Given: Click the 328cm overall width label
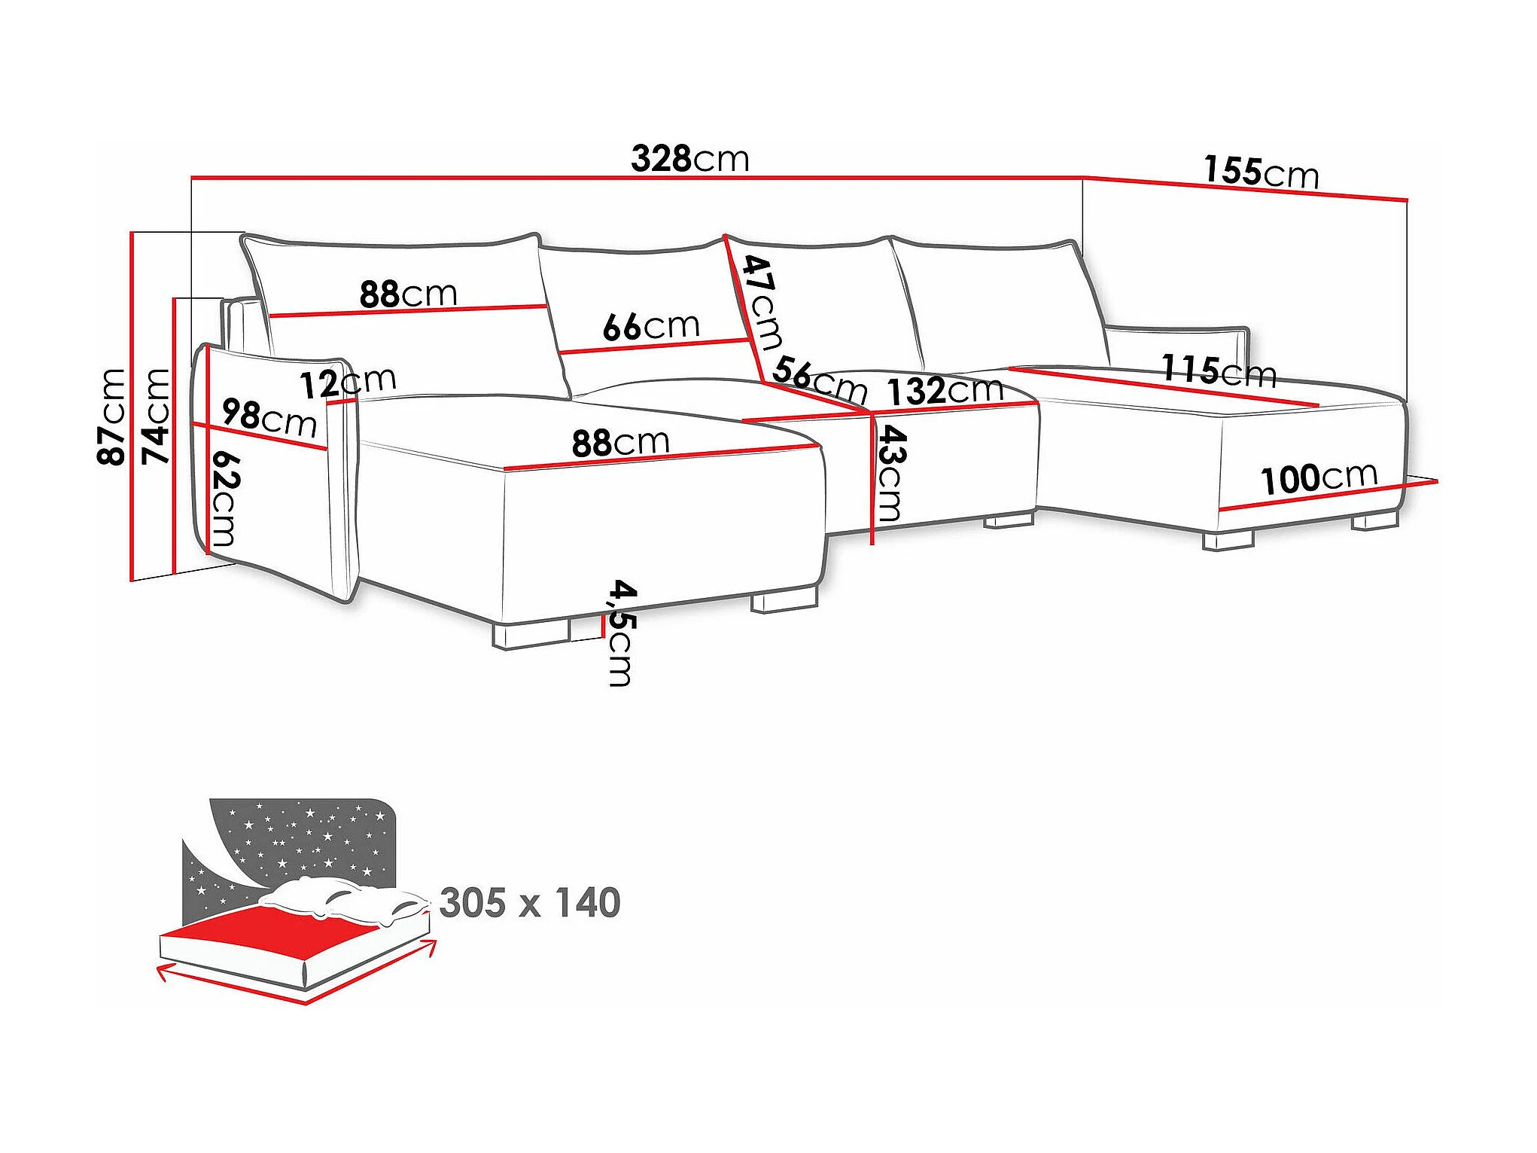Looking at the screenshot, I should (x=690, y=159).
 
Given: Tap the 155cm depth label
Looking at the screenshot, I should (x=1261, y=172).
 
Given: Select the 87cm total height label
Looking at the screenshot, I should (x=111, y=416).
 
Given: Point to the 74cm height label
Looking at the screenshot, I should (x=157, y=416).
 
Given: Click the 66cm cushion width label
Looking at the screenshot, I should (x=651, y=327).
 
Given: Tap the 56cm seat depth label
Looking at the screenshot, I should (x=820, y=380).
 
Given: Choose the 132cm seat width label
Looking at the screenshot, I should (x=945, y=391).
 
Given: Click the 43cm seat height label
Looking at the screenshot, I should (x=891, y=474).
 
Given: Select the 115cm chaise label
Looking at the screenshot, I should (x=1219, y=370).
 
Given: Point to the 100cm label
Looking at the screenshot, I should (x=1319, y=478).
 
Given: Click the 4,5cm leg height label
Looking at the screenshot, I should (x=622, y=633).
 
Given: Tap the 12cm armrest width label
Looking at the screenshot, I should (x=348, y=383).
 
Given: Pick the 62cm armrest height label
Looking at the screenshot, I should (x=224, y=499).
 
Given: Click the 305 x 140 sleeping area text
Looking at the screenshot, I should (x=530, y=902).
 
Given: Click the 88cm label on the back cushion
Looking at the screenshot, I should (x=408, y=294).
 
